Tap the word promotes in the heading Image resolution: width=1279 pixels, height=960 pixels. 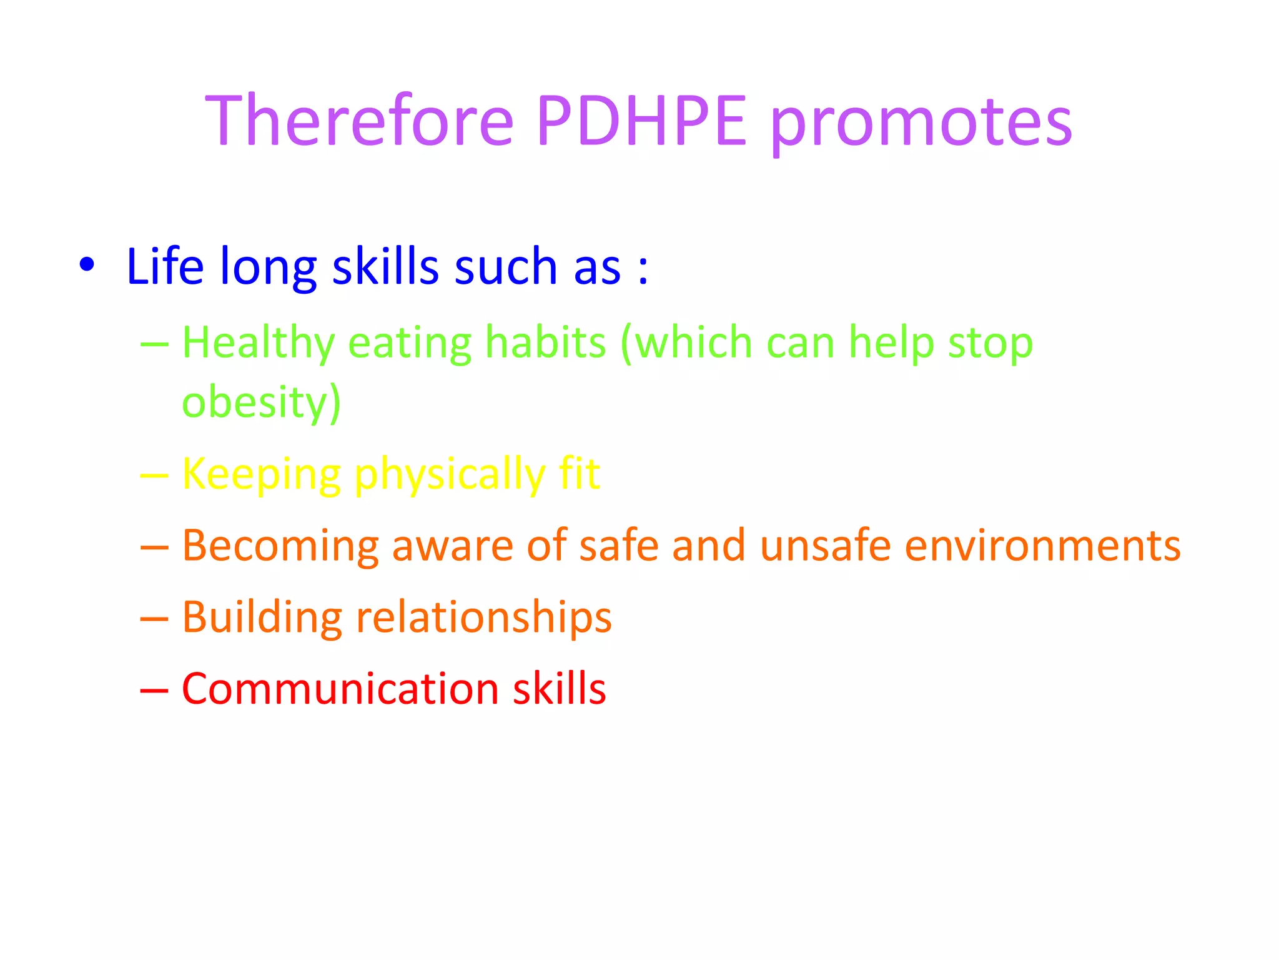(921, 125)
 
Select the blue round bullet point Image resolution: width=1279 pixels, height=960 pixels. (87, 265)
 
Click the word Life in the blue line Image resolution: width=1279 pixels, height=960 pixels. (165, 266)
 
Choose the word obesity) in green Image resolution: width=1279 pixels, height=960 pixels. (261, 402)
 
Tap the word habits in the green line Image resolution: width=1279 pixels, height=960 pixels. (545, 344)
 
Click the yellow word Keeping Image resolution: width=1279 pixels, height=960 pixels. (261, 475)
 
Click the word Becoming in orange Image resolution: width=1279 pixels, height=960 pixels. (280, 546)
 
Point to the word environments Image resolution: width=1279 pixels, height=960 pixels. (1042, 546)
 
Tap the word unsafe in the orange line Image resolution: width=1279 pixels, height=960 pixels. (825, 545)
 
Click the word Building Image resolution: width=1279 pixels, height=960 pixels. (262, 618)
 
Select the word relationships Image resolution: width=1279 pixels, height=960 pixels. (483, 618)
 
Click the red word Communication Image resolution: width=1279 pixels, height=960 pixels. (340, 689)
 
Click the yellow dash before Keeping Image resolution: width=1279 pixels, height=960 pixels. (154, 476)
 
